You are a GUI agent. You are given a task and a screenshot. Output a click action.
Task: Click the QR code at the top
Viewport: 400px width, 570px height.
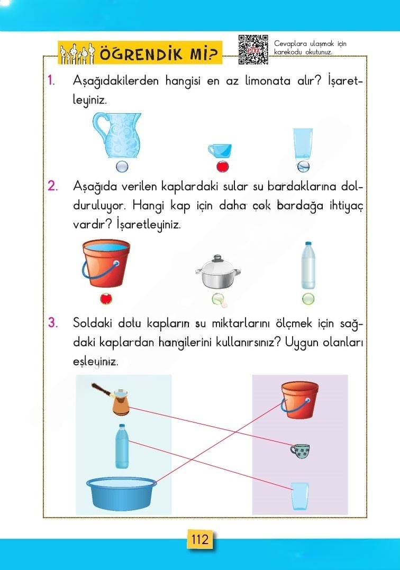(x=253, y=50)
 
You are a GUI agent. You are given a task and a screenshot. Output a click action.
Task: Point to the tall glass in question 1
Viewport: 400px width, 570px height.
(x=303, y=144)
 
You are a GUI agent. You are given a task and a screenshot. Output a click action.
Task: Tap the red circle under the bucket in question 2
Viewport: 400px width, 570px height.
(x=106, y=299)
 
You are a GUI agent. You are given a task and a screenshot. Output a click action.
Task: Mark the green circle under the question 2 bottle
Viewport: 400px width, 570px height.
(x=308, y=299)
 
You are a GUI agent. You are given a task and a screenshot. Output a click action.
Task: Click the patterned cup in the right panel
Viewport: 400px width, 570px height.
(x=299, y=451)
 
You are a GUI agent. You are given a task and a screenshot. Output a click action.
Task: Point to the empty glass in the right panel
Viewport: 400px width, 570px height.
(x=299, y=495)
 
